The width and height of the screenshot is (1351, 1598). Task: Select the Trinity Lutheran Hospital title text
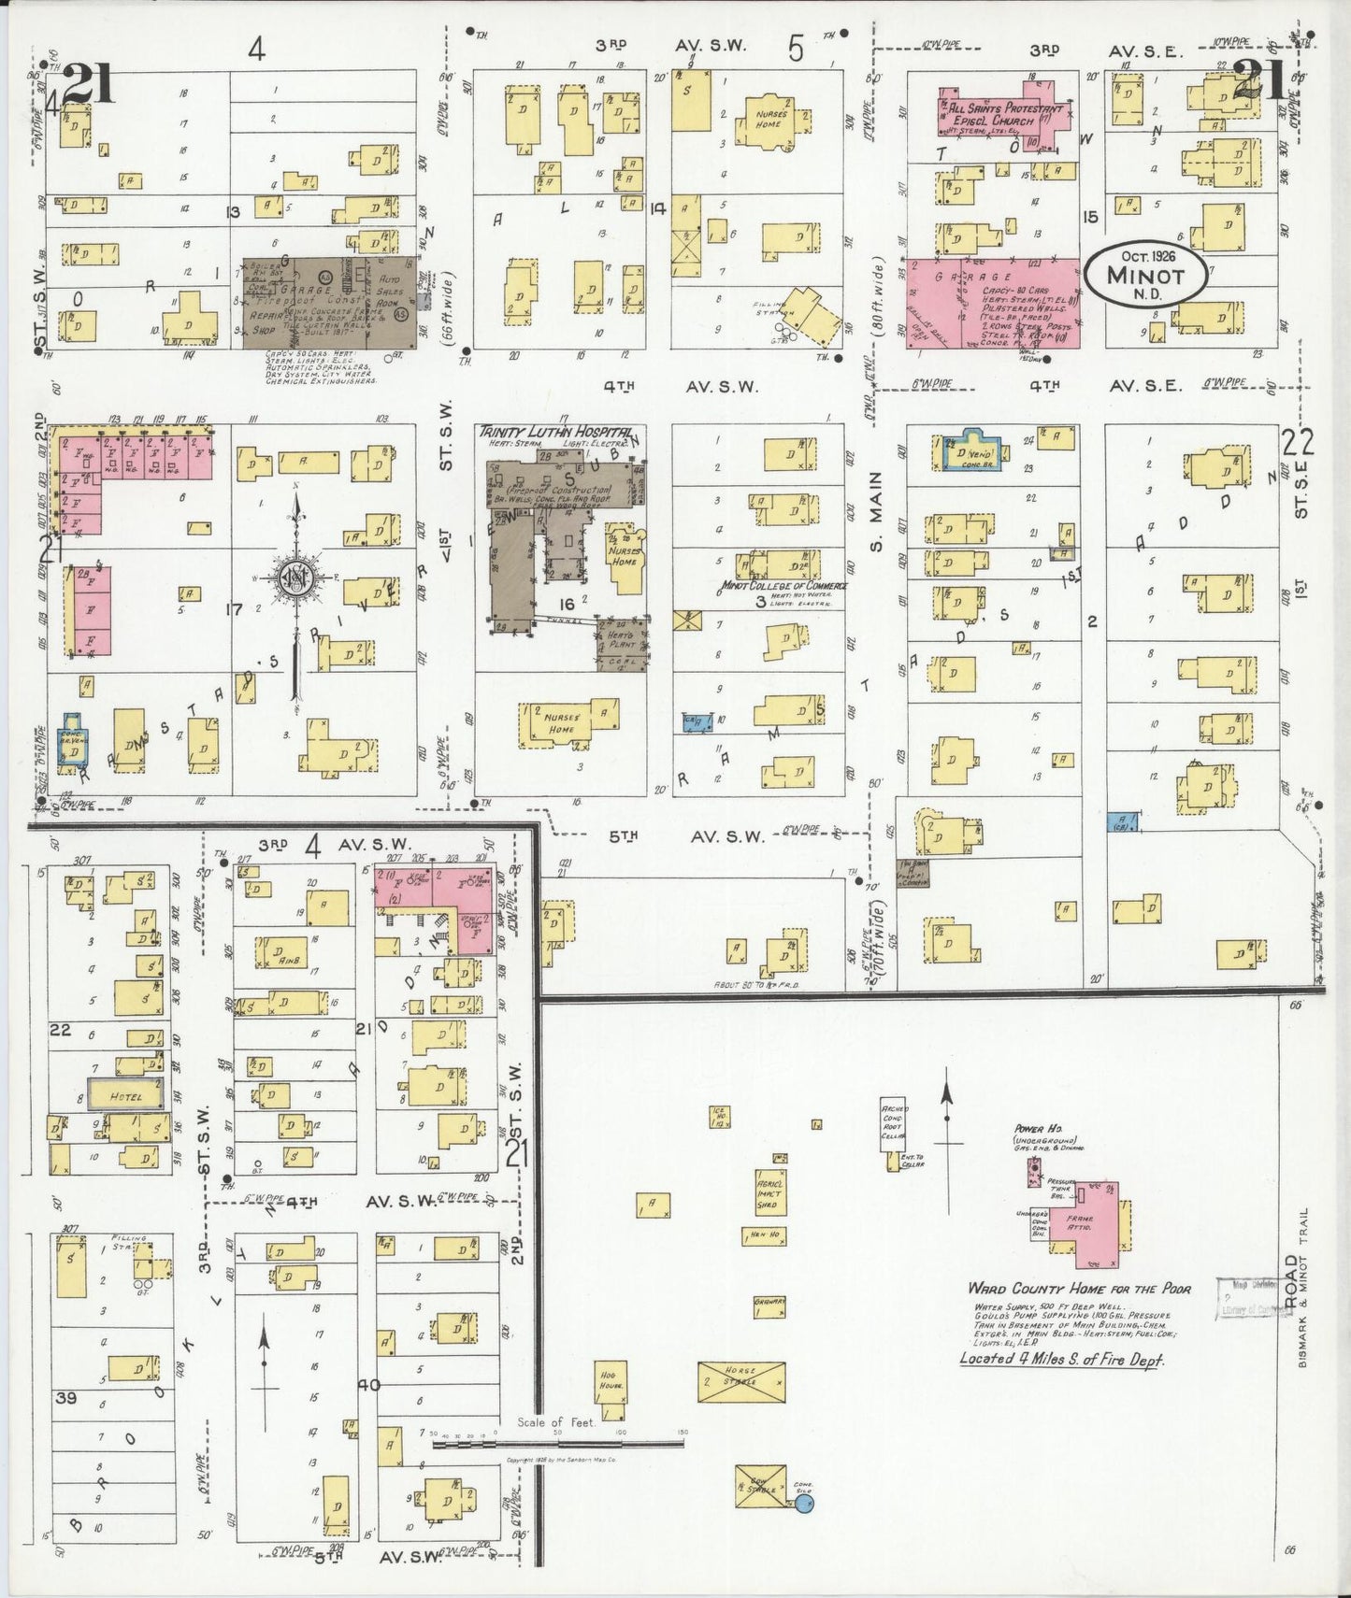coord(553,430)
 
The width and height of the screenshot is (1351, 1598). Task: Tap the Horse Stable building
coord(741,1381)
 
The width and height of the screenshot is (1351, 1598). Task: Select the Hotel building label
coord(126,1096)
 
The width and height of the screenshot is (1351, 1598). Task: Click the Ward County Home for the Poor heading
coord(1079,1289)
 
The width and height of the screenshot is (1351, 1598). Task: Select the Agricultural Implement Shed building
coord(770,1192)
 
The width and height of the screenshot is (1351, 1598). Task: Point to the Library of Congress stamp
coord(1248,1300)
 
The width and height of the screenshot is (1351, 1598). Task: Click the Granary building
coord(770,1306)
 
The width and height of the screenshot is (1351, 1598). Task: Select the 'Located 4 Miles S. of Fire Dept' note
coord(1061,1359)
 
